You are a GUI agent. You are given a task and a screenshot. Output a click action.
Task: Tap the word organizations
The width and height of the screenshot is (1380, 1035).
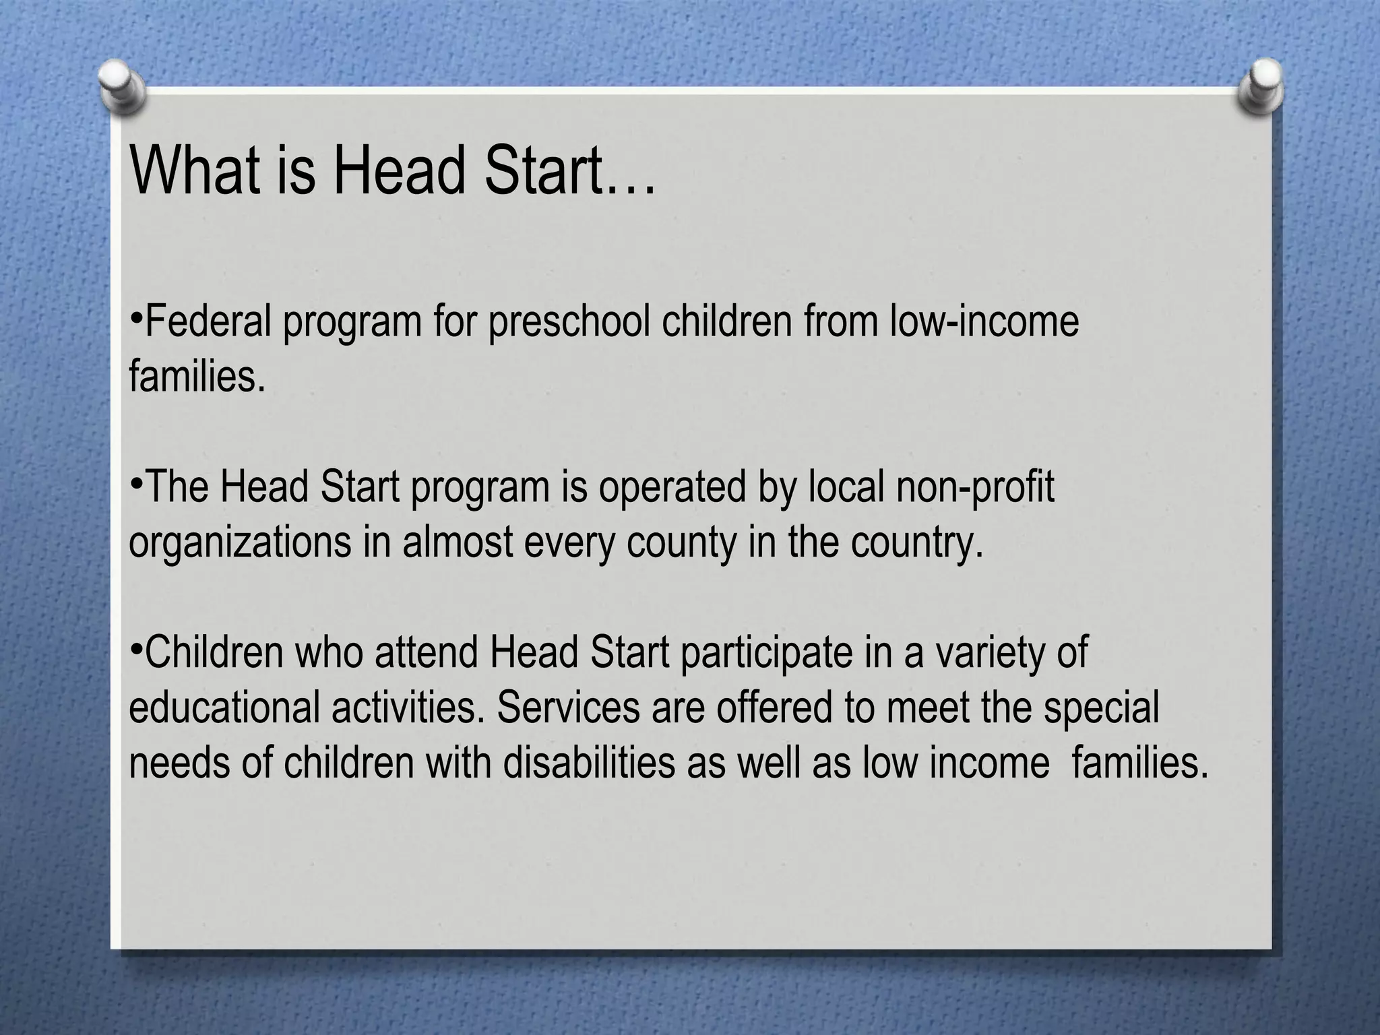(240, 543)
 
